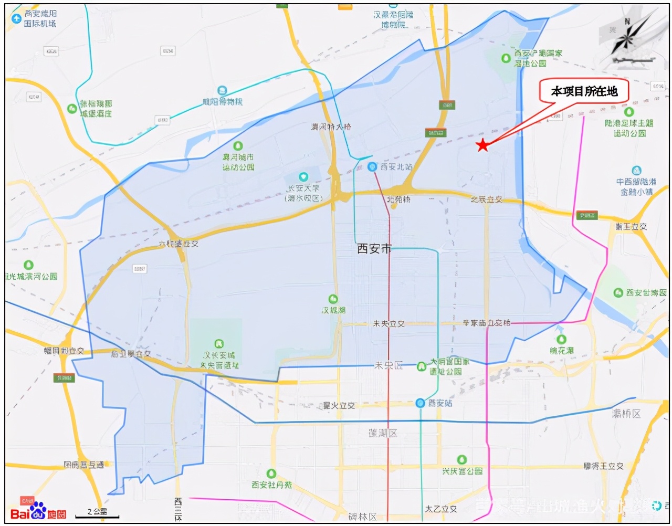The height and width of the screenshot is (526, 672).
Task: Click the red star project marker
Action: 482,145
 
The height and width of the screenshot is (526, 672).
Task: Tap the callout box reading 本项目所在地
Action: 584,92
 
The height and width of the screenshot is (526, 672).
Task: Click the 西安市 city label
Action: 374,249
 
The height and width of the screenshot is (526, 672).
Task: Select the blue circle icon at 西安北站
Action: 372,167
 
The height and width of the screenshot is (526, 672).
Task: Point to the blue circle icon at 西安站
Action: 420,403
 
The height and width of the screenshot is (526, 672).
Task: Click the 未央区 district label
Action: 388,365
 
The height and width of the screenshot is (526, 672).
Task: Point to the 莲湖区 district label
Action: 383,433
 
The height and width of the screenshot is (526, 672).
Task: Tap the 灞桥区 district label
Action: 626,414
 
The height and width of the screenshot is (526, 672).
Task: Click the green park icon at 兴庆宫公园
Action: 462,460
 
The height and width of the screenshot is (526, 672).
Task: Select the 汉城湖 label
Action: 334,310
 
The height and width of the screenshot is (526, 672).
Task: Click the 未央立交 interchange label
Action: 388,324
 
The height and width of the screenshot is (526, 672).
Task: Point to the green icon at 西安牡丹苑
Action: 271,474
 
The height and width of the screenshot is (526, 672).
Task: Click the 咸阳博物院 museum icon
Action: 222,91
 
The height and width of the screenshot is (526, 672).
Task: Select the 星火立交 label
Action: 339,405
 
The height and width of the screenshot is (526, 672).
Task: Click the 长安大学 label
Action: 303,188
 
